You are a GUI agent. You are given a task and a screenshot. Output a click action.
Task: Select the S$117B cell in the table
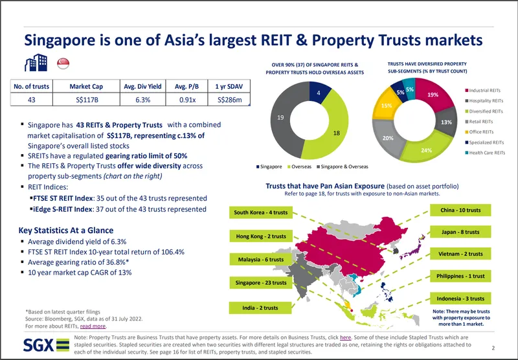pyautogui.click(x=88, y=100)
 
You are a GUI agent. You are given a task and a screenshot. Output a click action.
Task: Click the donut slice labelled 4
pyautogui.click(x=319, y=94)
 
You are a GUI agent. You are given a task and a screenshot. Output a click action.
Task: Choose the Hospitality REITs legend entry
pyautogui.click(x=489, y=102)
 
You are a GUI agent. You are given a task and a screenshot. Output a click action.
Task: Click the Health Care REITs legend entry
pyautogui.click(x=489, y=152)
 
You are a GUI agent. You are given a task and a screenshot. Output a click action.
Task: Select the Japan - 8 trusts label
pyautogui.click(x=460, y=232)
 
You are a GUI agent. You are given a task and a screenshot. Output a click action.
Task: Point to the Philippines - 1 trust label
pyautogui.click(x=460, y=276)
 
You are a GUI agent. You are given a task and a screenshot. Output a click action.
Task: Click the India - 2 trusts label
pyautogui.click(x=260, y=308)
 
